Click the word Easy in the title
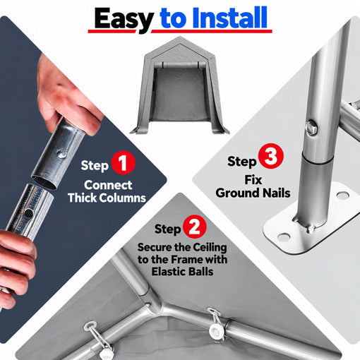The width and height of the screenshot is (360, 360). pyautogui.click(x=124, y=19)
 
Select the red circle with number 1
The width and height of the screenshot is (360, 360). pyautogui.click(x=123, y=162)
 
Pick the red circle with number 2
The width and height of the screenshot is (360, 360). pyautogui.click(x=195, y=227)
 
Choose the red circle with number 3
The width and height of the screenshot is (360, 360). pyautogui.click(x=271, y=156)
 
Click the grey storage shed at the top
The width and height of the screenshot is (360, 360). pyautogui.click(x=179, y=86)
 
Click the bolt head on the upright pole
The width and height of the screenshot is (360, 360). pyautogui.click(x=311, y=127)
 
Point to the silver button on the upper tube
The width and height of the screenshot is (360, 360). pyautogui.click(x=62, y=154)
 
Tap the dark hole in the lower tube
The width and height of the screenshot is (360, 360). pyautogui.click(x=28, y=213)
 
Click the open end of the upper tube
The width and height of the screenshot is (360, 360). pyautogui.click(x=44, y=182)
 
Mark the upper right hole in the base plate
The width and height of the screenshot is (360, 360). pyautogui.click(x=342, y=195)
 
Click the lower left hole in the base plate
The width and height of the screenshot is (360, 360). pyautogui.click(x=283, y=236)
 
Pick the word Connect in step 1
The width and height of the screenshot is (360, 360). pyautogui.click(x=108, y=185)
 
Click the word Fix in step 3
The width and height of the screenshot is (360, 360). pyautogui.click(x=253, y=180)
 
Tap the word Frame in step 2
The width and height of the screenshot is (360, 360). pyautogui.click(x=187, y=260)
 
